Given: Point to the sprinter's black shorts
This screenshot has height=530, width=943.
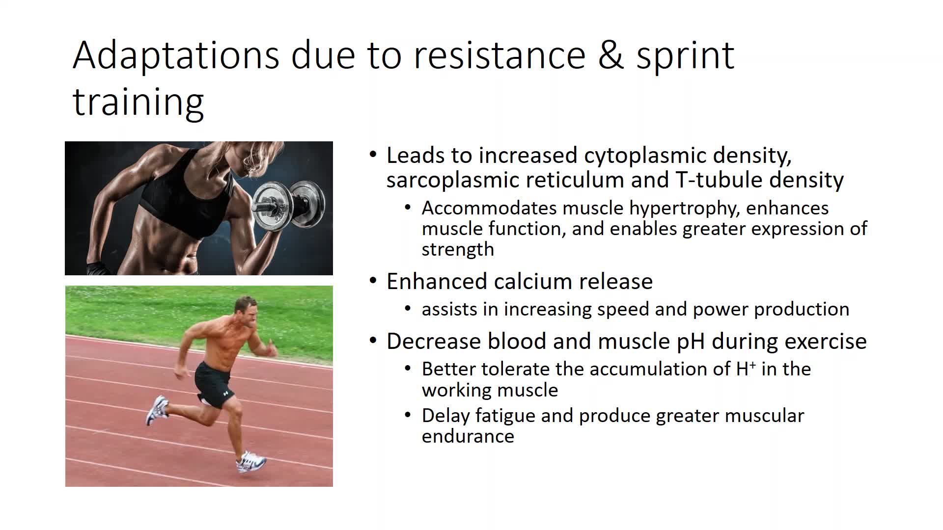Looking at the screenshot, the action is [x=213, y=384].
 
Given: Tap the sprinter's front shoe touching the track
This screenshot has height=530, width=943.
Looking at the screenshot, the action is [x=250, y=462].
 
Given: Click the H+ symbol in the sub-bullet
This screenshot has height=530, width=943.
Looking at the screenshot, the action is [x=746, y=368].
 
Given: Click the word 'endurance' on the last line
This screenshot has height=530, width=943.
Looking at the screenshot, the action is [x=468, y=436].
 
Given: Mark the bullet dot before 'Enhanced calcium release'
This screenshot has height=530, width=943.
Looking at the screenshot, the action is [x=373, y=281].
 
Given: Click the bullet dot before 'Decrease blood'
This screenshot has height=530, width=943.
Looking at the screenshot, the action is [x=373, y=341].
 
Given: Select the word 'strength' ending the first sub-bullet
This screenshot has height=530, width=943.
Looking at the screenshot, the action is [x=458, y=250].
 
